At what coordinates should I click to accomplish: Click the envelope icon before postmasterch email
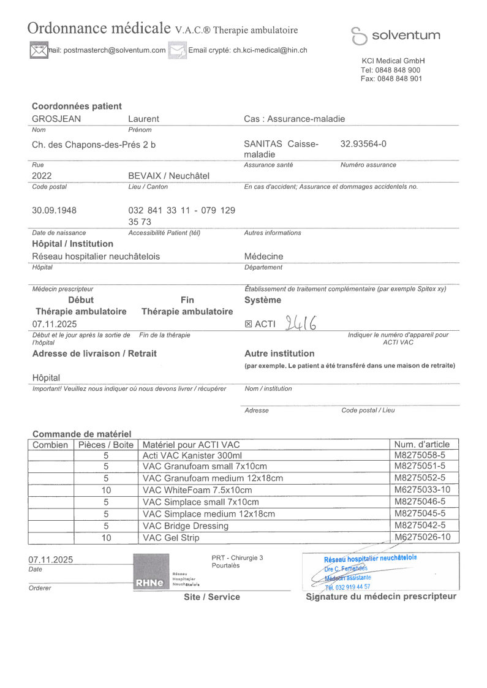click(39, 50)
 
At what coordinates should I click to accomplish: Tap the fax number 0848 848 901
click(399, 78)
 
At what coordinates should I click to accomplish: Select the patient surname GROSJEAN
click(56, 119)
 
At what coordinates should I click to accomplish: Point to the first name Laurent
click(143, 119)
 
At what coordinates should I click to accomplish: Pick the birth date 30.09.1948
click(54, 210)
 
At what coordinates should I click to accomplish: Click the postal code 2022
click(42, 176)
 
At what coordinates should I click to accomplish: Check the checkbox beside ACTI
click(248, 324)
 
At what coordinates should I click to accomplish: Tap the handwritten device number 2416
click(301, 323)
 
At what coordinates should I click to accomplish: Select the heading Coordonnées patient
click(77, 106)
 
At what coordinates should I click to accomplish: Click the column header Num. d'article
click(421, 444)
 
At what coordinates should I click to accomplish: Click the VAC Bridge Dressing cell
click(185, 526)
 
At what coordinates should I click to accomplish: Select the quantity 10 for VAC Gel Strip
click(106, 537)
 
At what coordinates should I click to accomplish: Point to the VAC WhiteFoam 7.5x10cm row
click(197, 491)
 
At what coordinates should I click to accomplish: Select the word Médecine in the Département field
click(263, 256)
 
